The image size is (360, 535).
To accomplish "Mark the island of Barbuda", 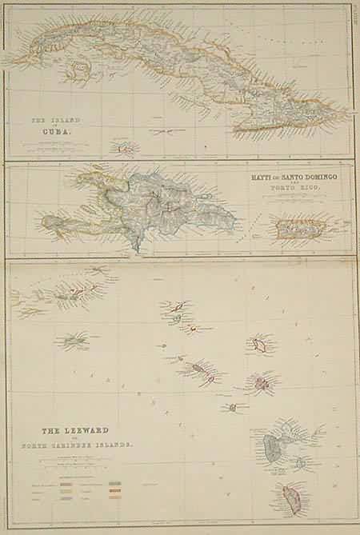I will tap(260, 345).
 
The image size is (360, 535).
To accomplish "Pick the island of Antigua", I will tap(262, 383).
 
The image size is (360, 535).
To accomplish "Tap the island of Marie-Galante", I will tap(301, 462).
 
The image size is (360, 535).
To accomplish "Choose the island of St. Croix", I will tap(76, 341).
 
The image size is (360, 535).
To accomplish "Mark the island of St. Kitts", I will tap(197, 369).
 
